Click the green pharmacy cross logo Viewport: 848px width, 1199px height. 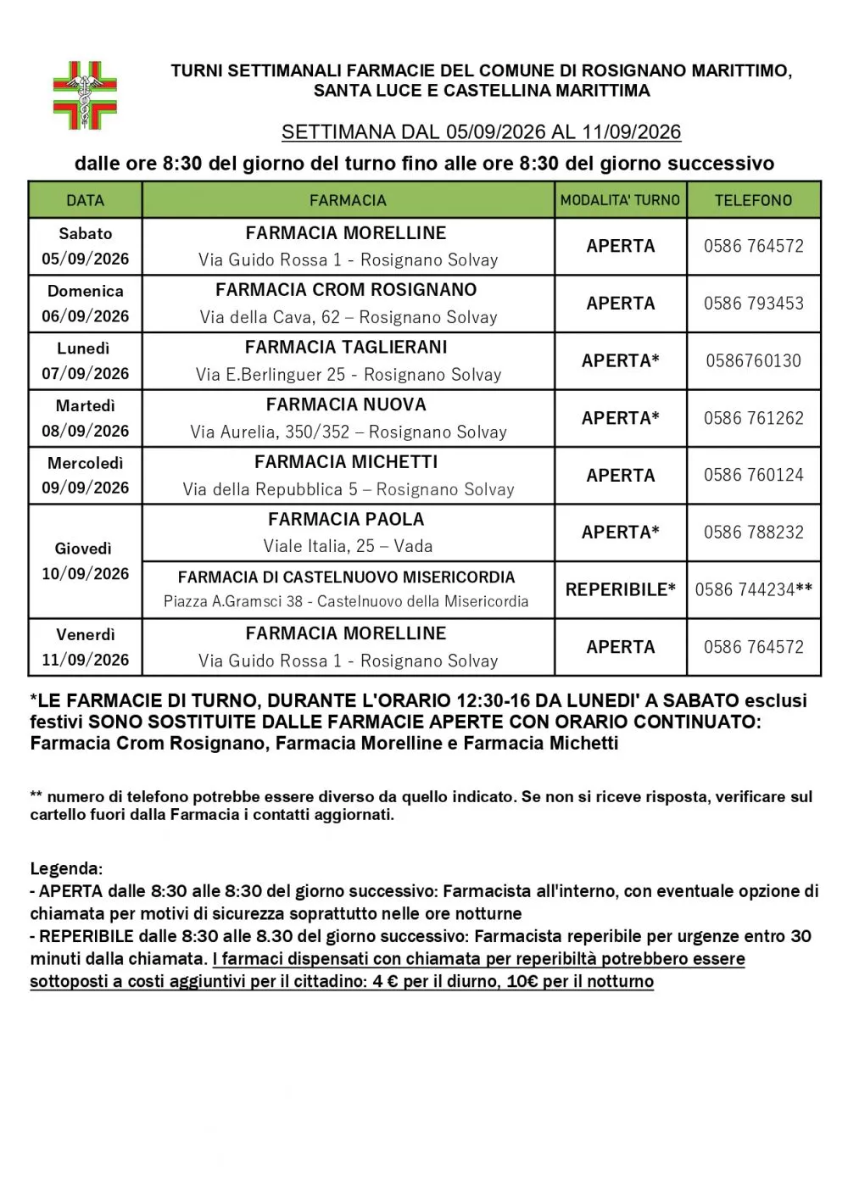(85, 94)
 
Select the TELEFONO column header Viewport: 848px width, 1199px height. (753, 201)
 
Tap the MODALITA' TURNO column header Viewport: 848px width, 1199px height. (620, 201)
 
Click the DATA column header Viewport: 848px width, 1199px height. (85, 201)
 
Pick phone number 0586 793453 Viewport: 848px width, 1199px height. (753, 304)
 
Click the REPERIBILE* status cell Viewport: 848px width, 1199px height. (620, 589)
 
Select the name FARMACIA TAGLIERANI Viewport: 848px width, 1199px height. (346, 348)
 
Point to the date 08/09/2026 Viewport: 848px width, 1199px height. (85, 431)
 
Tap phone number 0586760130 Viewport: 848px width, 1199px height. (753, 361)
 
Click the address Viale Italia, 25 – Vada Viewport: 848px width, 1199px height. (348, 546)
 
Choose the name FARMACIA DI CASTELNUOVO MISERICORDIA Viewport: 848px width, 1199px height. (346, 577)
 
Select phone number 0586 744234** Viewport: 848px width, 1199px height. (753, 589)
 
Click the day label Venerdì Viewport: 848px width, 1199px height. (85, 634)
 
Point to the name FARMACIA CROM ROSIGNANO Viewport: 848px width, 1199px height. (346, 290)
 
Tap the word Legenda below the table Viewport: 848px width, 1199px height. (65, 869)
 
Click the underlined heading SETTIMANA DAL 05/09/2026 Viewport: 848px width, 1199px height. (481, 132)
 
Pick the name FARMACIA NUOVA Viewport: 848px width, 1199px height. (346, 404)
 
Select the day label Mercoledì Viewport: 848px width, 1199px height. (85, 463)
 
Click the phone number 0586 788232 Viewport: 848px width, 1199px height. (753, 533)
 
